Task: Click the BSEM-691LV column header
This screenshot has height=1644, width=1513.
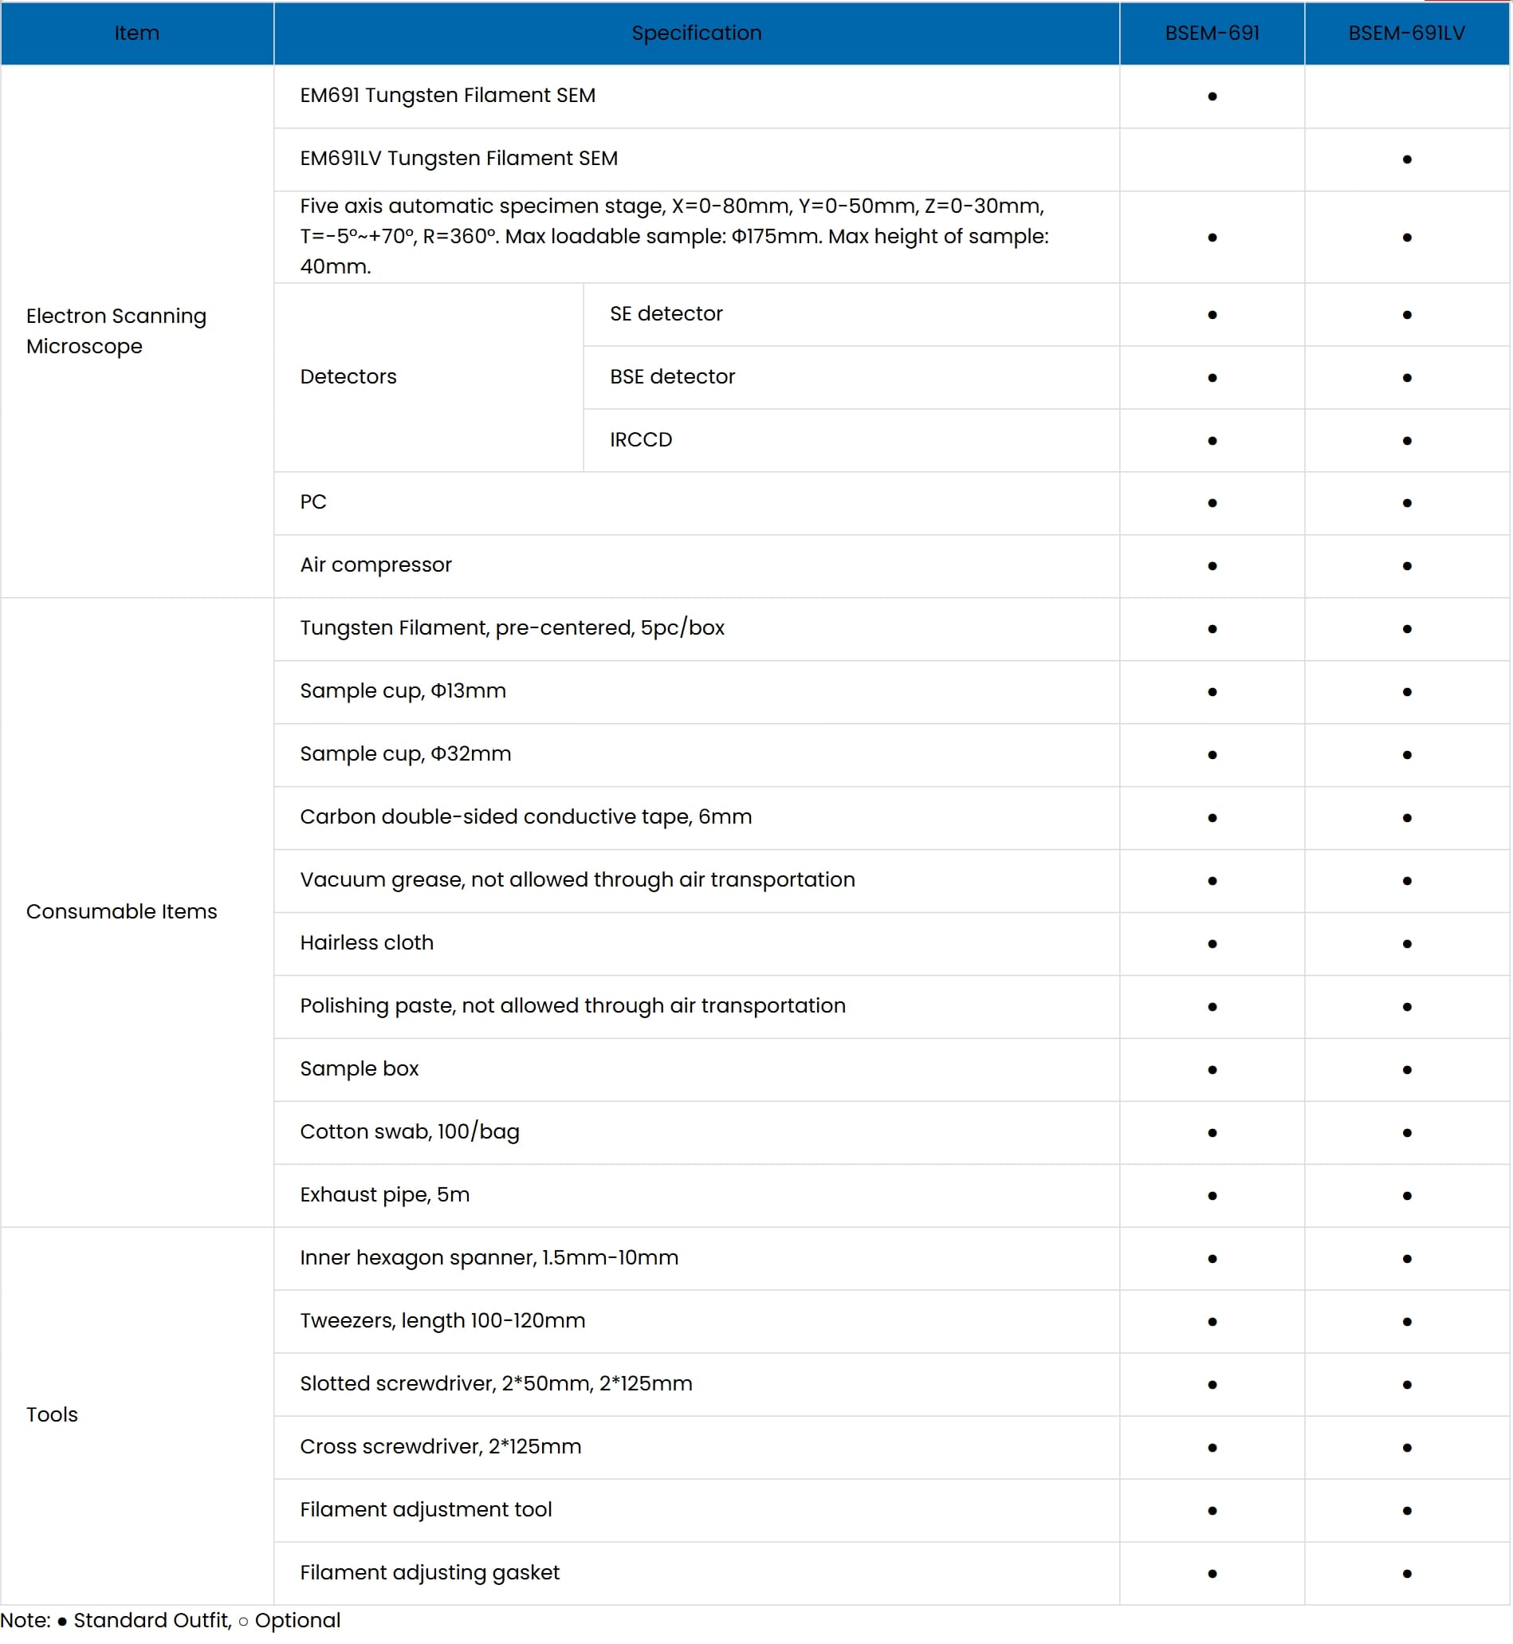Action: [x=1405, y=33]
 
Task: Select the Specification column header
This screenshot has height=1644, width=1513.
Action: [x=696, y=33]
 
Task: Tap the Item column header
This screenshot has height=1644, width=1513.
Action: [x=137, y=33]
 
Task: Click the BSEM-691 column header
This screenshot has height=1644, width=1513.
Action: [x=1212, y=33]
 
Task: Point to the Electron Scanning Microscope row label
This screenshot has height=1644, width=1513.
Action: [x=116, y=331]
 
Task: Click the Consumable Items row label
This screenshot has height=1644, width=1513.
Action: [x=121, y=911]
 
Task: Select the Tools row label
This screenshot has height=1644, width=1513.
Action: [x=52, y=1414]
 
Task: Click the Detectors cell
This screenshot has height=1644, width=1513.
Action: [x=348, y=376]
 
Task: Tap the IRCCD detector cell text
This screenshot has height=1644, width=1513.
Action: [x=640, y=439]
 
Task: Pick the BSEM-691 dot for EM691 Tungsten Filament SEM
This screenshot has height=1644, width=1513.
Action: [x=1212, y=96]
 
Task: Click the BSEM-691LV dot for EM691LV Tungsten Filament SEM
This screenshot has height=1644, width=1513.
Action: [x=1406, y=159]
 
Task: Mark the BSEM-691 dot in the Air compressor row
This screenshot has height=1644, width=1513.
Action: [x=1212, y=566]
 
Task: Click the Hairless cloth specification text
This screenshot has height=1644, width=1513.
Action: [x=366, y=942]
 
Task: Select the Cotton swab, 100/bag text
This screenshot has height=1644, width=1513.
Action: [x=410, y=1131]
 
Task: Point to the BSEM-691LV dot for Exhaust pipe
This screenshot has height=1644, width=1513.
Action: [x=1406, y=1195]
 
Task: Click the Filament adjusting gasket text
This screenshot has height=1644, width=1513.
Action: [x=429, y=1572]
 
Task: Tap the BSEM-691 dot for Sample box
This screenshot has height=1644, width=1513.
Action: [x=1212, y=1070]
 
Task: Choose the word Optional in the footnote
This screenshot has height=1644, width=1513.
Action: [x=297, y=1620]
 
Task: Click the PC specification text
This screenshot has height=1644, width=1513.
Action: [x=312, y=501]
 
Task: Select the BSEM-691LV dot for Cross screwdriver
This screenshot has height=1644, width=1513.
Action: [x=1406, y=1448]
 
